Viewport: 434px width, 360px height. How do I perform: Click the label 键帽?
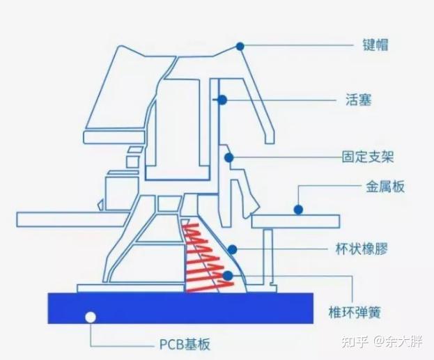pyautogui.click(x=375, y=46)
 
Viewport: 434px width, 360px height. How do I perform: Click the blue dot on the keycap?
pyautogui.click(x=240, y=46)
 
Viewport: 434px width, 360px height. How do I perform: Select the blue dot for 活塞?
pyautogui.click(x=222, y=100)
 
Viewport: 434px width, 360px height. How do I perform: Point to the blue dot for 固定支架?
pyautogui.click(x=229, y=157)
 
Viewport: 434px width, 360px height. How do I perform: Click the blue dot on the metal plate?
pyautogui.click(x=297, y=208)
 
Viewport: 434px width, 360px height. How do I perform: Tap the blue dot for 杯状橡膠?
pyautogui.click(x=233, y=249)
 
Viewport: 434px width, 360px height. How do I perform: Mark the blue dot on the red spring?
pyautogui.click(x=228, y=276)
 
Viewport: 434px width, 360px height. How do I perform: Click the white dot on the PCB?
pyautogui.click(x=89, y=318)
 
